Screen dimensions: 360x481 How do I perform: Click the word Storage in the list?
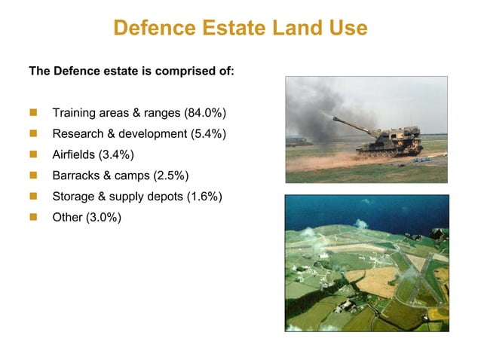point(74,197)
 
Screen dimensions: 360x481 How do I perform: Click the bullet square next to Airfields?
point(33,155)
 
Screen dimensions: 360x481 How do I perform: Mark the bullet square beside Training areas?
point(33,113)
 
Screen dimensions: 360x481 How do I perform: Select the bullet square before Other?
point(33,218)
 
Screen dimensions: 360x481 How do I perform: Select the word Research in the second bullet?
point(78,134)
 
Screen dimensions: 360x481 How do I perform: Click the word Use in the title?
point(348,28)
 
